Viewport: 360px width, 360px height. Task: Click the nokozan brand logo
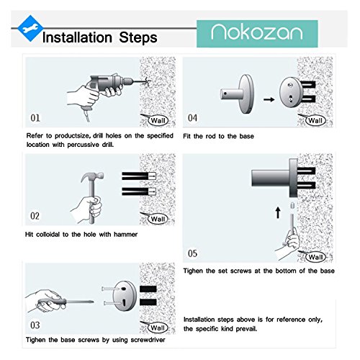(257, 34)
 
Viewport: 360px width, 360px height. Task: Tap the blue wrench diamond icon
(30, 28)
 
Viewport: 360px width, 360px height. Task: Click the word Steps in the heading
(138, 37)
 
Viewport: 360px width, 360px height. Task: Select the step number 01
(35, 118)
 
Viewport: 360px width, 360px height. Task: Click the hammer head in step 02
(92, 177)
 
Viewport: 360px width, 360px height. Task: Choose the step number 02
(35, 216)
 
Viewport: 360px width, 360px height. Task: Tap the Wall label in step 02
(158, 219)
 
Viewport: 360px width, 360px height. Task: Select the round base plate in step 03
(125, 296)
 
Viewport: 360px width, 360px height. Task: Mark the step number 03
(35, 325)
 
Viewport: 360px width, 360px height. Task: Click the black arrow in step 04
(269, 99)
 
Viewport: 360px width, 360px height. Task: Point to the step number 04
(192, 118)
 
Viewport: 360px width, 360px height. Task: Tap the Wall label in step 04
(315, 120)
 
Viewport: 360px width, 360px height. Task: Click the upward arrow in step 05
(278, 213)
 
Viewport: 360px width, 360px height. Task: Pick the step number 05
(192, 253)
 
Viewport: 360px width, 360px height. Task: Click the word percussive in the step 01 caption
(83, 145)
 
